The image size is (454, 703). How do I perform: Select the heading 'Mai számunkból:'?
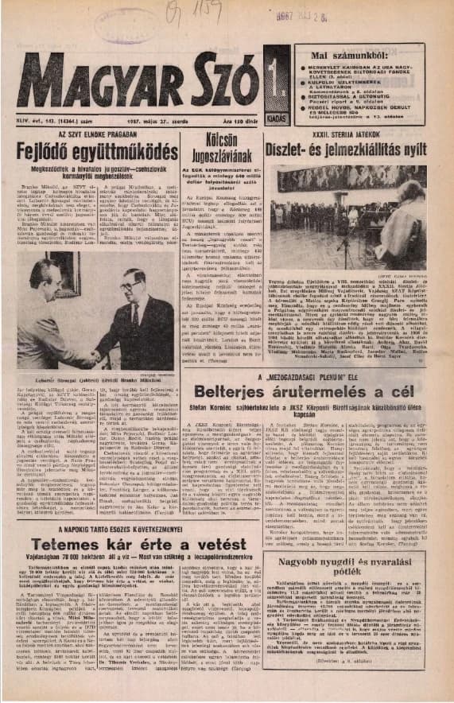click(342, 54)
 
